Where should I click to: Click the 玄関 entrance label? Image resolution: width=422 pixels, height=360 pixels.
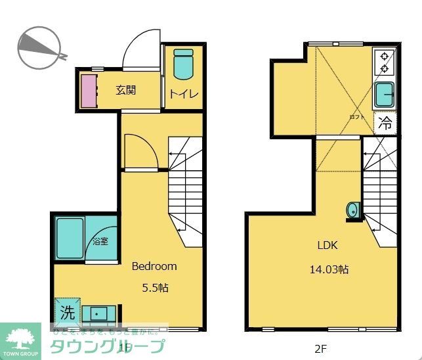coord(126,91)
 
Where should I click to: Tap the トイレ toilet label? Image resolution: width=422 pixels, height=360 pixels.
coord(183,93)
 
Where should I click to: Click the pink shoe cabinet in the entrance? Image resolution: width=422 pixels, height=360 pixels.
coord(88,91)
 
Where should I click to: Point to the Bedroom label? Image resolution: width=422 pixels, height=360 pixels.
coord(154,266)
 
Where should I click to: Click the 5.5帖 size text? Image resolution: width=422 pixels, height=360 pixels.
coord(156,287)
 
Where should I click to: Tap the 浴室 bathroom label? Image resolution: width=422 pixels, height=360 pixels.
coord(100,242)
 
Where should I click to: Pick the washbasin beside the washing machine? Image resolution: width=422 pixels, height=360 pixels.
coord(99,313)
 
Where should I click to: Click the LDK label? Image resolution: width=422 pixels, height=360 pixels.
coord(327,246)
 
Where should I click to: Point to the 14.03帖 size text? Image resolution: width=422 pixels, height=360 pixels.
coord(329,268)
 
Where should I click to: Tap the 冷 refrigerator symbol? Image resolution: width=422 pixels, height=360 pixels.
coord(386,122)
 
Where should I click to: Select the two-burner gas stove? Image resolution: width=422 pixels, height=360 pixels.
coord(384,62)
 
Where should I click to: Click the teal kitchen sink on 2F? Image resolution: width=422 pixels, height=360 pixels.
coord(384,95)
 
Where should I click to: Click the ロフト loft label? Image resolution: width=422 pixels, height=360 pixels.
coord(356,116)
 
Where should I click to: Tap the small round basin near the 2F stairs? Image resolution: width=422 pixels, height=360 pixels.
coord(352,210)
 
